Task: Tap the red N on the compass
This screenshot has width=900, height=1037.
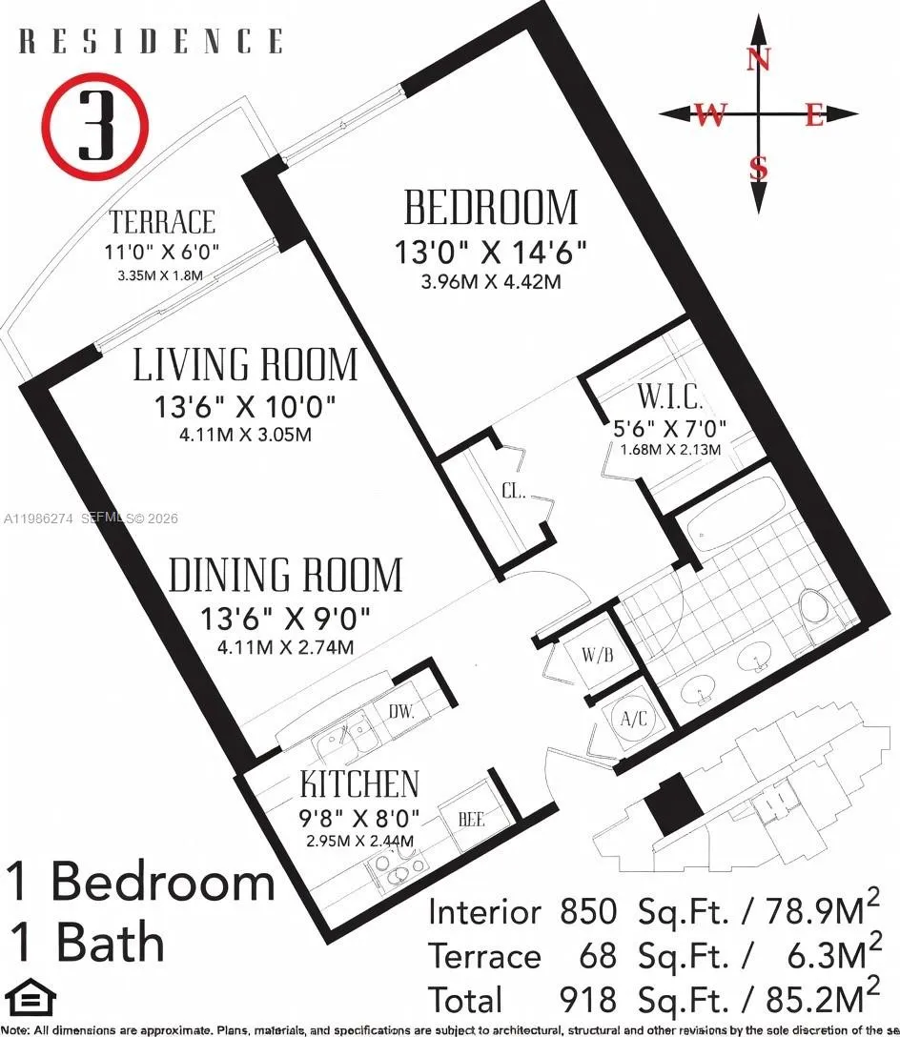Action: coord(759,59)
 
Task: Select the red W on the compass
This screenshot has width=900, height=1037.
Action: coord(709,115)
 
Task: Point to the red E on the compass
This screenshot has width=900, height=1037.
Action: coord(813,116)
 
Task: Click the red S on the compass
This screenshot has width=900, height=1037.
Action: coord(759,169)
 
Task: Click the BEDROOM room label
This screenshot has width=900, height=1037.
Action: coord(491,208)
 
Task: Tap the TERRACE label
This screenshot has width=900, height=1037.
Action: coord(162,223)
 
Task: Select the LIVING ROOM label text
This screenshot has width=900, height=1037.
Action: coord(245,365)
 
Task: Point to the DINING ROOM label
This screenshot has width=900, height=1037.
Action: coord(285,576)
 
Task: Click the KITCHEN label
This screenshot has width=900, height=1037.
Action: coord(359,784)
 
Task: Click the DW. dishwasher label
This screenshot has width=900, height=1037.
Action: coord(400,709)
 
